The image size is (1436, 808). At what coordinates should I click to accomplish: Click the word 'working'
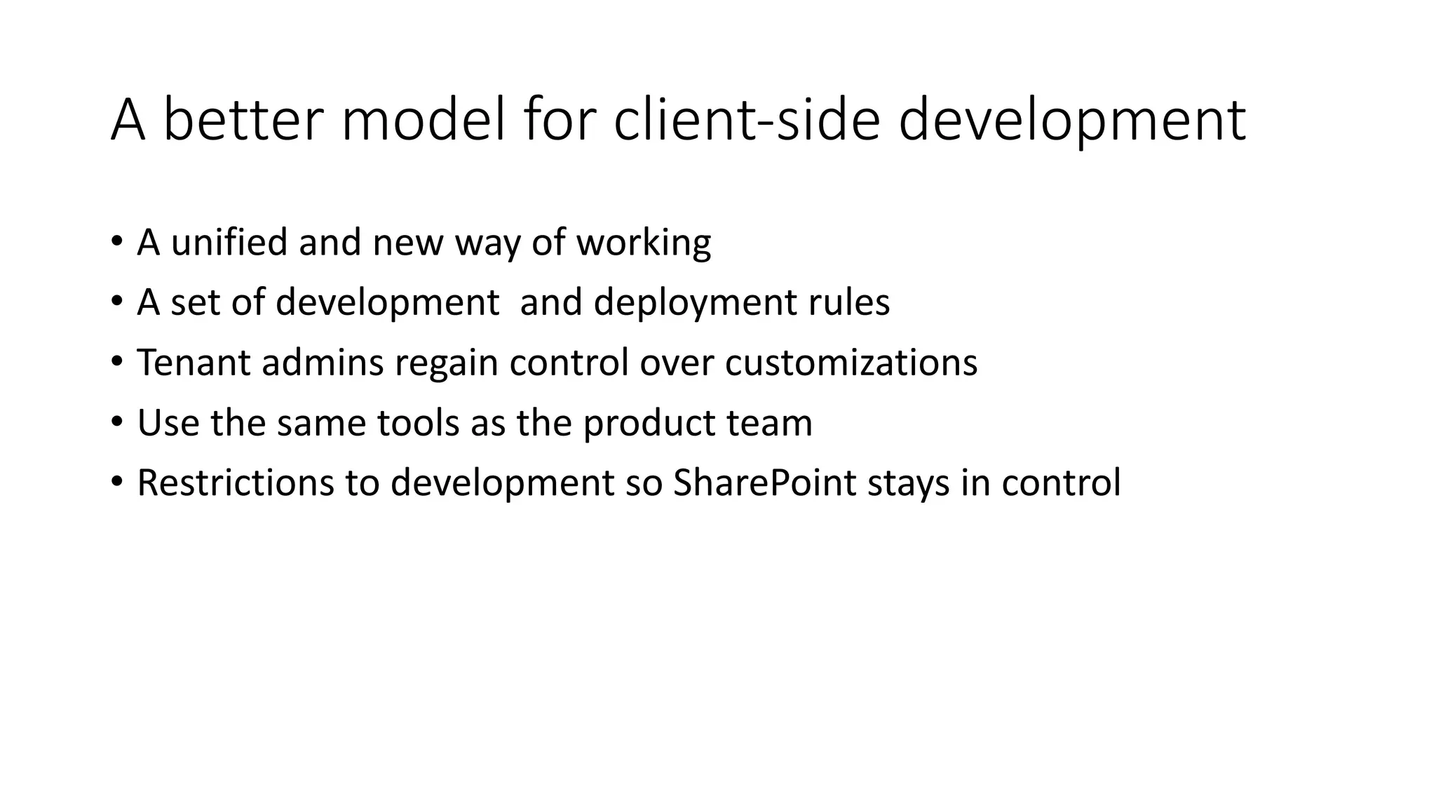pyautogui.click(x=644, y=243)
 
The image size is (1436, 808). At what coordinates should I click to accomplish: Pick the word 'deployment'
pyautogui.click(x=695, y=303)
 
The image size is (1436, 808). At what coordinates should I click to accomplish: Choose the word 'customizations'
pyautogui.click(x=851, y=363)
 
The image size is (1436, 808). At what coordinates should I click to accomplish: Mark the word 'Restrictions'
pyautogui.click(x=236, y=483)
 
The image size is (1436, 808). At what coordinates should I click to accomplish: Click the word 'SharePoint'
pyautogui.click(x=764, y=483)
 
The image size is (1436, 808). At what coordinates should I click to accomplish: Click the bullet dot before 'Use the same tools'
pyautogui.click(x=116, y=422)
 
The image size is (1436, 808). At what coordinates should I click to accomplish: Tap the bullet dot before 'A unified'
pyautogui.click(x=116, y=241)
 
